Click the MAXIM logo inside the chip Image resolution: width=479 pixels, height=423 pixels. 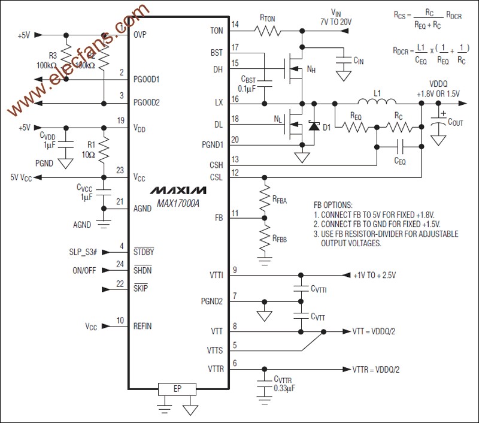coord(178,190)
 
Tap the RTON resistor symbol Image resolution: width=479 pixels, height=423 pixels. coord(259,30)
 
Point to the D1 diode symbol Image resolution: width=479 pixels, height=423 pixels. coord(313,126)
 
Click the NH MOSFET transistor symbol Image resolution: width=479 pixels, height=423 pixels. coord(295,68)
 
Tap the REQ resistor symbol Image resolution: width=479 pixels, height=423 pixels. coord(355,126)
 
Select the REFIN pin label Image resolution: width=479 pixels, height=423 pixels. coord(143,327)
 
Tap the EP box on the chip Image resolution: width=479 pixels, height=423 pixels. coord(177,388)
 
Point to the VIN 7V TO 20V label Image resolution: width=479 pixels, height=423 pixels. coord(336,17)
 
